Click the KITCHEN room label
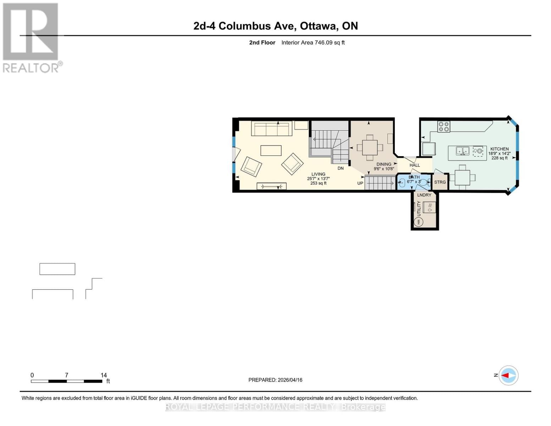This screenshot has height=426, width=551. click(499, 149)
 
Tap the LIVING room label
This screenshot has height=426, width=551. click(318, 174)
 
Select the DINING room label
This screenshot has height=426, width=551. click(384, 164)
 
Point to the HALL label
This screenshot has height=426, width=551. click(414, 165)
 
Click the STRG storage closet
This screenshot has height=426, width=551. click(440, 182)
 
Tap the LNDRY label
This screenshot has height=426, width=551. click(424, 195)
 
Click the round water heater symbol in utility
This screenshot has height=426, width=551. click(419, 222)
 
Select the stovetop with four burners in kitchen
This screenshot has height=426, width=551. click(443, 127)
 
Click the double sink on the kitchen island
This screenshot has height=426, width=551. click(462, 151)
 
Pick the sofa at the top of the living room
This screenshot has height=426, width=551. click(271, 129)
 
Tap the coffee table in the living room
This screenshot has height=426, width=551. click(271, 151)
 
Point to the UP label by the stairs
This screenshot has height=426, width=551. click(360, 183)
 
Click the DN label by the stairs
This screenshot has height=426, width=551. click(340, 168)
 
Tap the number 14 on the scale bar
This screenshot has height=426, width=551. click(104, 375)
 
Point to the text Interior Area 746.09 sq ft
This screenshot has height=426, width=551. click(313, 43)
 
